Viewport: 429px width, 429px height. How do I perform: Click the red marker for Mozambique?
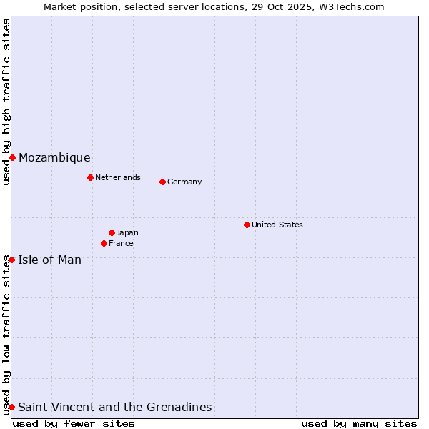[12, 157]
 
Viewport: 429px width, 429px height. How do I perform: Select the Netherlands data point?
[90, 177]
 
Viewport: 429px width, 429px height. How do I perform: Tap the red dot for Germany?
[162, 182]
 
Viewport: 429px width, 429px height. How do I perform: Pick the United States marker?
[247, 225]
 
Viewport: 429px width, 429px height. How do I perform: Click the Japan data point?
[112, 232]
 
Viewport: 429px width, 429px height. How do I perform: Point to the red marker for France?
[104, 243]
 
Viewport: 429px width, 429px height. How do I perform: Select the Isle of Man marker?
[12, 260]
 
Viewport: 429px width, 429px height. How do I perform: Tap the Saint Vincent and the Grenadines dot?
[12, 407]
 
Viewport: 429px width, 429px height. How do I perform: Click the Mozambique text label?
[54, 157]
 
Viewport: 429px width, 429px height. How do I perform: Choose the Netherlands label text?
[118, 177]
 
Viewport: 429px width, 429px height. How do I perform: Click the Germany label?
[184, 182]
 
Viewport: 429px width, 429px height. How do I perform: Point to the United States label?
[277, 225]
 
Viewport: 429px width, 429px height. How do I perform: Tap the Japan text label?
[127, 232]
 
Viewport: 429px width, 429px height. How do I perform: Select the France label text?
[121, 243]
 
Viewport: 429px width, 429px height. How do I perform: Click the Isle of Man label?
[50, 260]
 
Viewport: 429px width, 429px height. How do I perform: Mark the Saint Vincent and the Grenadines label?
[115, 407]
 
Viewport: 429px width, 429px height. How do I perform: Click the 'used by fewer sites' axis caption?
[74, 423]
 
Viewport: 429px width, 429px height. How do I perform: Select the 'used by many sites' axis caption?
[359, 423]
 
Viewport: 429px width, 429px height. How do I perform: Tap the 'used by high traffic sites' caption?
[6, 102]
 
